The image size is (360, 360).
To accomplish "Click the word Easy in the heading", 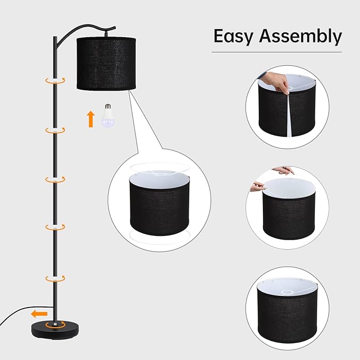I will pyautogui.click(x=232, y=36).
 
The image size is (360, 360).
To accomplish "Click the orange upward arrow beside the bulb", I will pyautogui.click(x=90, y=119).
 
